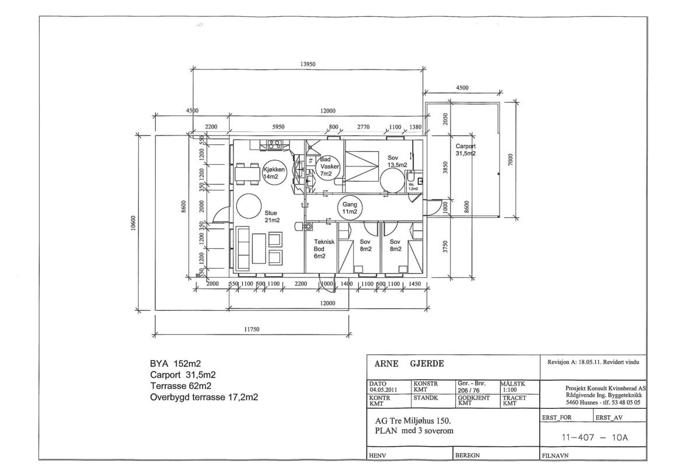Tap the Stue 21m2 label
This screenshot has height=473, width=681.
coord(270,216)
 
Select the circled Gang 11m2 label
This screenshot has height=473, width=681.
coord(350,208)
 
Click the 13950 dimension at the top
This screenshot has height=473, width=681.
coord(308,65)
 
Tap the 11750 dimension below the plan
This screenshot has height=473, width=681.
coord(252,329)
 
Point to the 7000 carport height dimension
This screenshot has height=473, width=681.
coord(510,159)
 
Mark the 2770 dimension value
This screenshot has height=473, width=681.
coord(364,126)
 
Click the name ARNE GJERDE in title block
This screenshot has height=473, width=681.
coord(407,364)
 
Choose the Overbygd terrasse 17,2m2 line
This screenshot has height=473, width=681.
coord(204,397)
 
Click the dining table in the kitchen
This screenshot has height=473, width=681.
coord(247,173)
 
